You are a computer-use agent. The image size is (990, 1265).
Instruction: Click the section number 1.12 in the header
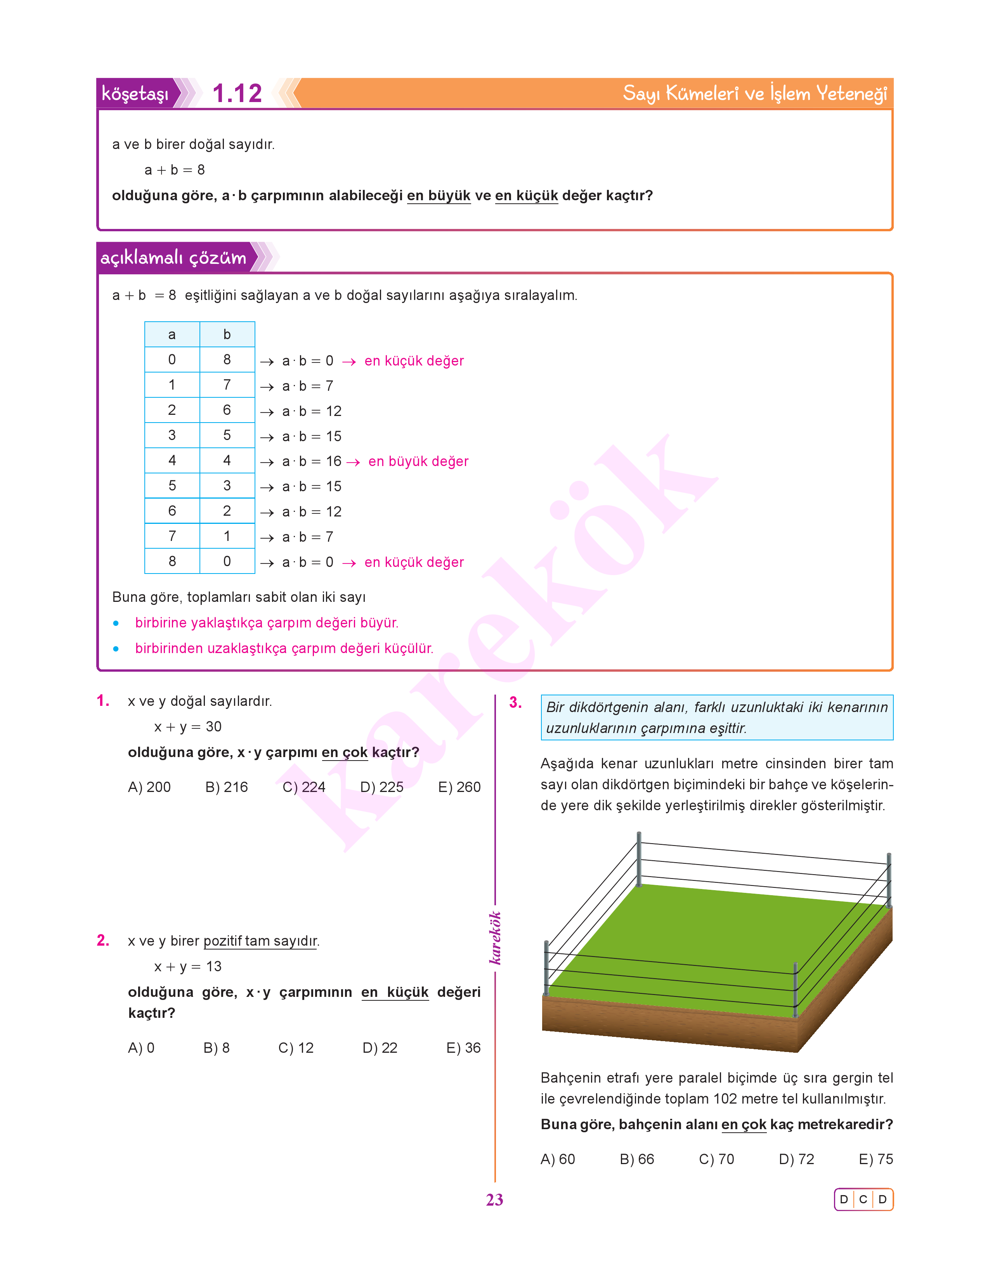pos(237,93)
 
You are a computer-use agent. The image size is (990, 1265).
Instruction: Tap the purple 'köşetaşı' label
pos(135,93)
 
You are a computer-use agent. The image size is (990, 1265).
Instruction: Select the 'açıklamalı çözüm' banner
pos(173,257)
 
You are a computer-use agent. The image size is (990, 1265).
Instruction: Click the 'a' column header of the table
pos(172,334)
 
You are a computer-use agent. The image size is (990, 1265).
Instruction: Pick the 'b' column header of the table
pos(227,334)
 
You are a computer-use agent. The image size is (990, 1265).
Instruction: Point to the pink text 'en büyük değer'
pos(418,461)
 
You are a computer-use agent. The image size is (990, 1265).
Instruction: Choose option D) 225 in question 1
pos(381,787)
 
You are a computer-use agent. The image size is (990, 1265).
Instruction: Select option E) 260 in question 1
pos(459,787)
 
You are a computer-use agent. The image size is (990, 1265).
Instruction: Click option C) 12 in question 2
pos(296,1048)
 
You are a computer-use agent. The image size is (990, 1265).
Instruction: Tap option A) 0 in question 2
pos(141,1048)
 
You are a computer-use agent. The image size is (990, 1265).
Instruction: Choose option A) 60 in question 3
pos(558,1159)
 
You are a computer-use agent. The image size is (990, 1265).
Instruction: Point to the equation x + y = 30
pos(188,727)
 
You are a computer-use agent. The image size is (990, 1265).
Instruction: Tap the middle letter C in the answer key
pos(863,1199)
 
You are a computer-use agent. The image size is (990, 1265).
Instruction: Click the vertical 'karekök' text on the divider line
pos(494,938)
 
